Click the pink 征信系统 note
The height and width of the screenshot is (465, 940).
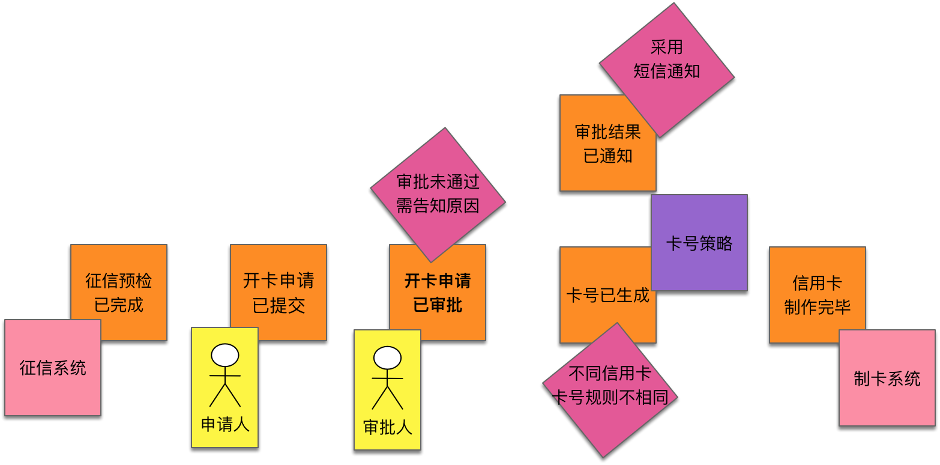[x=53, y=368]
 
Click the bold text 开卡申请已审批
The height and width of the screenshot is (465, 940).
[x=438, y=293]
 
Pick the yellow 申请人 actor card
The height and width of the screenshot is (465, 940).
[x=224, y=387]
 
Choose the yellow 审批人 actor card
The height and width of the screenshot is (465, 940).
[x=387, y=390]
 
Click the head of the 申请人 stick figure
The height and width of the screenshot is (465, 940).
[x=225, y=355]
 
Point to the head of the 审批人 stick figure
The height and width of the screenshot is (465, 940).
[x=387, y=358]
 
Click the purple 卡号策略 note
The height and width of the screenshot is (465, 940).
[x=699, y=243]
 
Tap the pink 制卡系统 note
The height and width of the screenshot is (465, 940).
[x=887, y=378]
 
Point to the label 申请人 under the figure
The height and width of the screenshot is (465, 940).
[x=225, y=425]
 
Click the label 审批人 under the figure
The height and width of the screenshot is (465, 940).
[x=388, y=427]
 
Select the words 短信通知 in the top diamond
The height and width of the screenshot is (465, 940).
[x=667, y=71]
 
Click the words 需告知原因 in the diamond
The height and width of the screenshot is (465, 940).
[x=438, y=206]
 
